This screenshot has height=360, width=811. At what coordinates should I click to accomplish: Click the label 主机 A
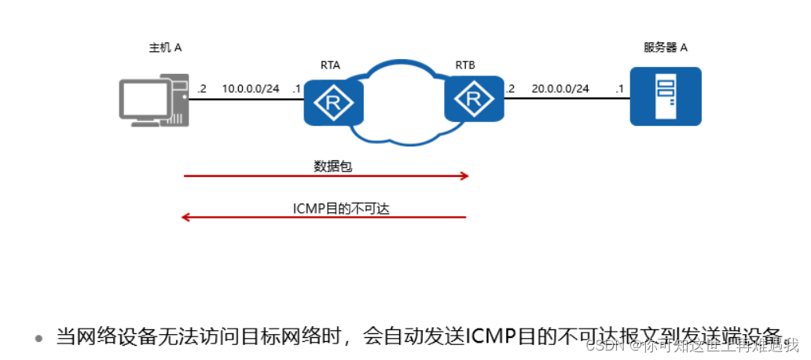166,48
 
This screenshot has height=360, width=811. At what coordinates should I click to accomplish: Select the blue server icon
665,97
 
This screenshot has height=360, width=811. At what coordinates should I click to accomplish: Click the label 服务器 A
666,48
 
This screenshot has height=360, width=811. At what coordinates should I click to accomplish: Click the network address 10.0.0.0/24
250,89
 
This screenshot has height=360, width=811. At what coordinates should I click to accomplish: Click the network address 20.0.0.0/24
560,89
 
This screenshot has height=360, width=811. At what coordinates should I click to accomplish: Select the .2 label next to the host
202,89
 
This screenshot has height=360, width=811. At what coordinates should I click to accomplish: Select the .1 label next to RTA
296,89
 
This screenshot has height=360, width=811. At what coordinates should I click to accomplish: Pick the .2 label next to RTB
511,89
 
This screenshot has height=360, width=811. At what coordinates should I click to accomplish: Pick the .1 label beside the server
619,89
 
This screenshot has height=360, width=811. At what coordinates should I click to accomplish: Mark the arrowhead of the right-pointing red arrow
464,177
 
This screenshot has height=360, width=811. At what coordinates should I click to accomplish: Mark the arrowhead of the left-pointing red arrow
185,217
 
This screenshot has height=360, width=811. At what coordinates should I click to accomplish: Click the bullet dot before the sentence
38,339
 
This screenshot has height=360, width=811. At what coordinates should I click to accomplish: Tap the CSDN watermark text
604,346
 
